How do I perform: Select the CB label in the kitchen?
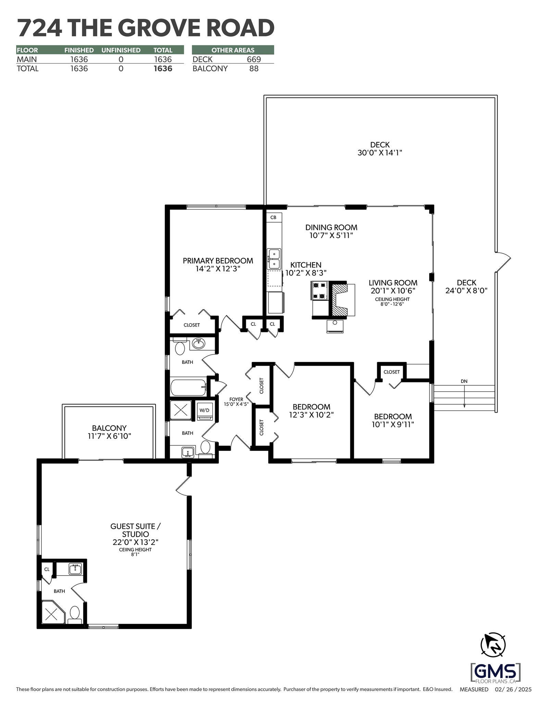click(273, 217)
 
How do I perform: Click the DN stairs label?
click(464, 381)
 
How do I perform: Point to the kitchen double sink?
click(274, 259)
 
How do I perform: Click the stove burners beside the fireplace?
click(320, 290)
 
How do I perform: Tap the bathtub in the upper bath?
click(189, 387)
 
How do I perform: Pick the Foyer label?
click(236, 399)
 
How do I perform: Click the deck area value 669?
click(254, 59)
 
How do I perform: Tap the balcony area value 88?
click(254, 68)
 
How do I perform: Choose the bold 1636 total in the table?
click(163, 68)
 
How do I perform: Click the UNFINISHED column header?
click(121, 50)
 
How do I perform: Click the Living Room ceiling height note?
click(393, 301)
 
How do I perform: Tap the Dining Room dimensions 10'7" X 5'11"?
click(331, 235)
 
